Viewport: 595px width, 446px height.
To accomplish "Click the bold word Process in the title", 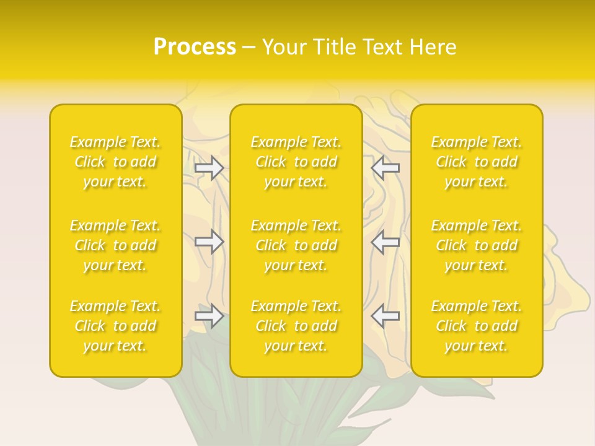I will click(195, 47).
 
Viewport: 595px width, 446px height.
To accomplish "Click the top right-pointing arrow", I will click(209, 168).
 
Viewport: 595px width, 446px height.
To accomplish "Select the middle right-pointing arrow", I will click(209, 242).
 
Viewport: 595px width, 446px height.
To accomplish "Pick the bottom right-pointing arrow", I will click(209, 316).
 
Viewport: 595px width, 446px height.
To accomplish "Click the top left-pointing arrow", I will click(386, 168).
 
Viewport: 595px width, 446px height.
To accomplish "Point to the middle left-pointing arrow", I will click(386, 242).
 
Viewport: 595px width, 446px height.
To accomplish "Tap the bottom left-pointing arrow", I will click(386, 316).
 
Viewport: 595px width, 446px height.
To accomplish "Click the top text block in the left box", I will click(115, 162).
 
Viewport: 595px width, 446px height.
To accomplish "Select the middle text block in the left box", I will click(115, 245).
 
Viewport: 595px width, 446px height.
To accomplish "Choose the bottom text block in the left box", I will click(115, 326).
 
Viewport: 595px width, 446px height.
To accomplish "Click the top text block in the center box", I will click(296, 162).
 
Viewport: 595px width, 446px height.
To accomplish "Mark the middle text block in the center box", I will click(296, 245).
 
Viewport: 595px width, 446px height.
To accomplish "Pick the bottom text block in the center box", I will click(296, 326).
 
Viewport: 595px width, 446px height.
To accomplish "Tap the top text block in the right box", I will click(477, 162).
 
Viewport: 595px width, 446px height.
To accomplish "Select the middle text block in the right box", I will click(477, 245).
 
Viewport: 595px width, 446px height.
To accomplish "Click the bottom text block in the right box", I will click(477, 326).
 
